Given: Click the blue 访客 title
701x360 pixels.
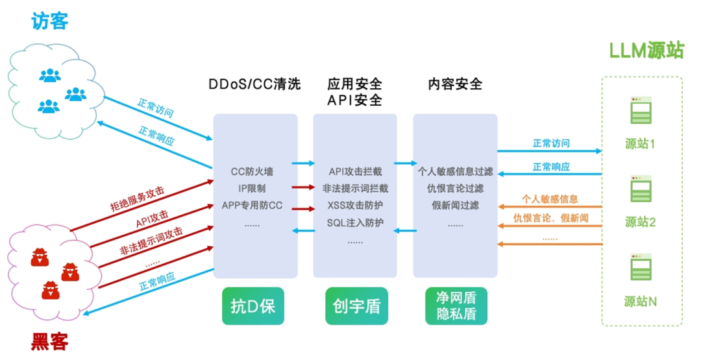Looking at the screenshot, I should point(49,21).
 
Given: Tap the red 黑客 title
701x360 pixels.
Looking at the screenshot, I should point(49,341).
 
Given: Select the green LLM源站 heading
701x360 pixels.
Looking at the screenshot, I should point(646,51).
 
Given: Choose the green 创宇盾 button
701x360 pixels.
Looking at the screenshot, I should point(356,306).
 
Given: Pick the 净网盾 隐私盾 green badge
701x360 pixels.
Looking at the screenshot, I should point(456,306).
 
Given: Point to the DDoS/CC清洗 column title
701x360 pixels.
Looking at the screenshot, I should point(254,85).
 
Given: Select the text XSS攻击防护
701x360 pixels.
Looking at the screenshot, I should point(355,206).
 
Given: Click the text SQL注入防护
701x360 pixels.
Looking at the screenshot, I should point(355,223).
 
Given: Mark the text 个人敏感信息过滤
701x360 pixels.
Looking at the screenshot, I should point(456,172).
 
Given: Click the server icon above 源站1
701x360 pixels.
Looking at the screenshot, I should point(641,111).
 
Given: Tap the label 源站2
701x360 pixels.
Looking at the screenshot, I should point(641,222).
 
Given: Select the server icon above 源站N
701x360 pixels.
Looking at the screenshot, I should point(641,268).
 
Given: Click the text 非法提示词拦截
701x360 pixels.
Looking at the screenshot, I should point(355,189).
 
